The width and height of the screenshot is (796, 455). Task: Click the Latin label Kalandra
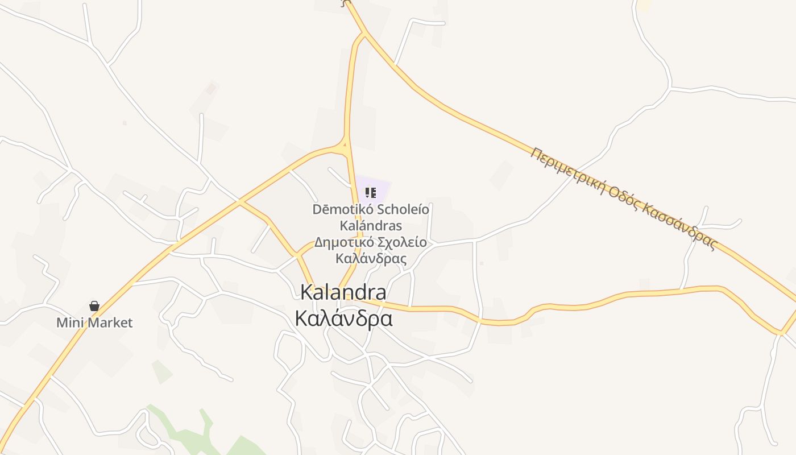(x=343, y=292)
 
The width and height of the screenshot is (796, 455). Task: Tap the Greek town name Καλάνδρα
(x=343, y=318)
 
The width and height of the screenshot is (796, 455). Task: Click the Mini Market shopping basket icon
(x=94, y=307)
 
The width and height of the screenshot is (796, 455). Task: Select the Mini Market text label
(x=94, y=323)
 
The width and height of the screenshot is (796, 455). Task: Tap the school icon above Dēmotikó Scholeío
(x=371, y=193)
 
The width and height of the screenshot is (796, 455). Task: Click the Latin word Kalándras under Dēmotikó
(x=371, y=226)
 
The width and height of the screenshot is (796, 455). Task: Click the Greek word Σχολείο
(x=402, y=242)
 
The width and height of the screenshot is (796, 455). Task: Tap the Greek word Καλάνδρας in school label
(x=371, y=259)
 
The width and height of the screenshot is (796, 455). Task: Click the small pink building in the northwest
(x=211, y=89)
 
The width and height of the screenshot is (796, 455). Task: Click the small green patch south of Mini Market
(x=161, y=371)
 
